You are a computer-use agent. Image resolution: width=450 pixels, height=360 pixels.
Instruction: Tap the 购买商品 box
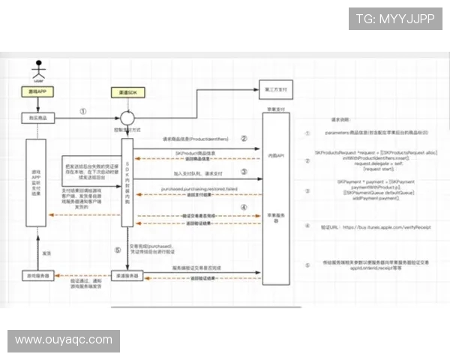(35, 117)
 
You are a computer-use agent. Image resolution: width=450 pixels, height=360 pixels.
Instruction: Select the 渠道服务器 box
(127, 276)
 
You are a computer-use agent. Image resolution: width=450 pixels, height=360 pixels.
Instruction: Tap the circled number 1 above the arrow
(83, 110)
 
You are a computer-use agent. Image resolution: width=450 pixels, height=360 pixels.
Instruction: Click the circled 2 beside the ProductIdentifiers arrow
(244, 138)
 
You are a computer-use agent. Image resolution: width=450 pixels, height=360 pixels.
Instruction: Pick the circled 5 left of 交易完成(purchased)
(117, 250)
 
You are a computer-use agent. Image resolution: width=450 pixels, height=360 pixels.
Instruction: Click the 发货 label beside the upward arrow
(44, 254)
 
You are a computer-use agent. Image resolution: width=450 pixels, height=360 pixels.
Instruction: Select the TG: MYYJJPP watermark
(394, 19)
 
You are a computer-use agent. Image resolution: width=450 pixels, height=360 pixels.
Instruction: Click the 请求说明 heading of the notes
(341, 118)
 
